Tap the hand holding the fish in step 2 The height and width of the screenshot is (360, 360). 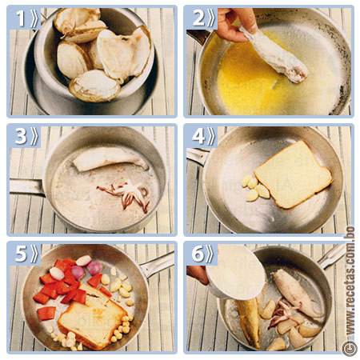tap(234, 24)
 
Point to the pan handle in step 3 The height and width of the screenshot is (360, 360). tap(26, 187)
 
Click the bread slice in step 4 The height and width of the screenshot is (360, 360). tap(294, 174)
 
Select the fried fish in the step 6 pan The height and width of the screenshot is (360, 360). tap(250, 322)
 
